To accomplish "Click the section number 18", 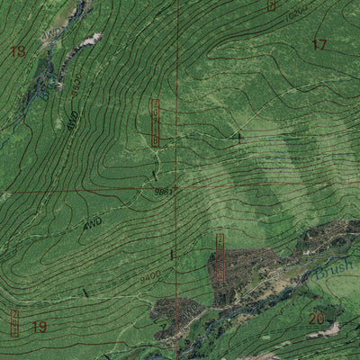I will tap(17, 51).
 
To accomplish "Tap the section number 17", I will tap(319, 44).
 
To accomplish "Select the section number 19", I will tap(39, 327).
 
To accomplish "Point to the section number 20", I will tap(316, 319).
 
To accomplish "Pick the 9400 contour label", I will tap(149, 275).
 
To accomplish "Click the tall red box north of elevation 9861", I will tap(156, 122).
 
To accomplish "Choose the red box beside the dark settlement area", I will tap(220, 258).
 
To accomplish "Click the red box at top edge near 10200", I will tap(272, 4).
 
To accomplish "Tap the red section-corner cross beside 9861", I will tap(176, 190).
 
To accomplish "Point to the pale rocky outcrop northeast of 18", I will tap(90, 40).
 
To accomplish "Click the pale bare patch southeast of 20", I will tap(331, 329).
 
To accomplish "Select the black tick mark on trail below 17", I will tap(239, 137).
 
